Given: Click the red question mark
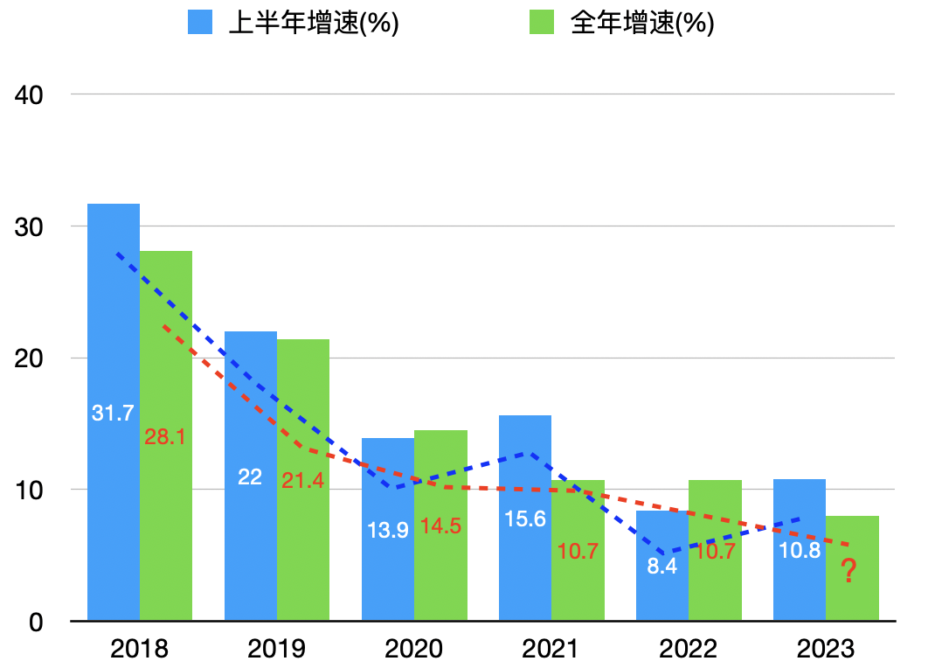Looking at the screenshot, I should (848, 573).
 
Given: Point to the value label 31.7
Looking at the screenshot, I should (113, 414).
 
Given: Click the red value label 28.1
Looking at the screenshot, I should (165, 436).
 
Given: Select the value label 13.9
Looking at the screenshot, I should (387, 530).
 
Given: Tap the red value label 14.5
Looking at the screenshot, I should (440, 526).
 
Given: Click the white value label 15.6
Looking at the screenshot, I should (525, 519).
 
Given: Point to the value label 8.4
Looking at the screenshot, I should (662, 565).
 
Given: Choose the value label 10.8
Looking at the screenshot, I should (799, 552).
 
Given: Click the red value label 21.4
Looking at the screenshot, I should (302, 479).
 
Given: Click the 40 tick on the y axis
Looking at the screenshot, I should (31, 94).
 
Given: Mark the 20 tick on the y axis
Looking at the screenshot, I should (31, 358).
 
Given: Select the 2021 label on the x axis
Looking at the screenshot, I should (550, 649).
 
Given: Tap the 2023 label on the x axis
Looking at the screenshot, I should (825, 649).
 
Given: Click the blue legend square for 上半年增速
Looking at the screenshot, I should (200, 23).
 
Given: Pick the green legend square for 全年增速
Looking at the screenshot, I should (543, 23).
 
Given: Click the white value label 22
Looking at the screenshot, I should (250, 477).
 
